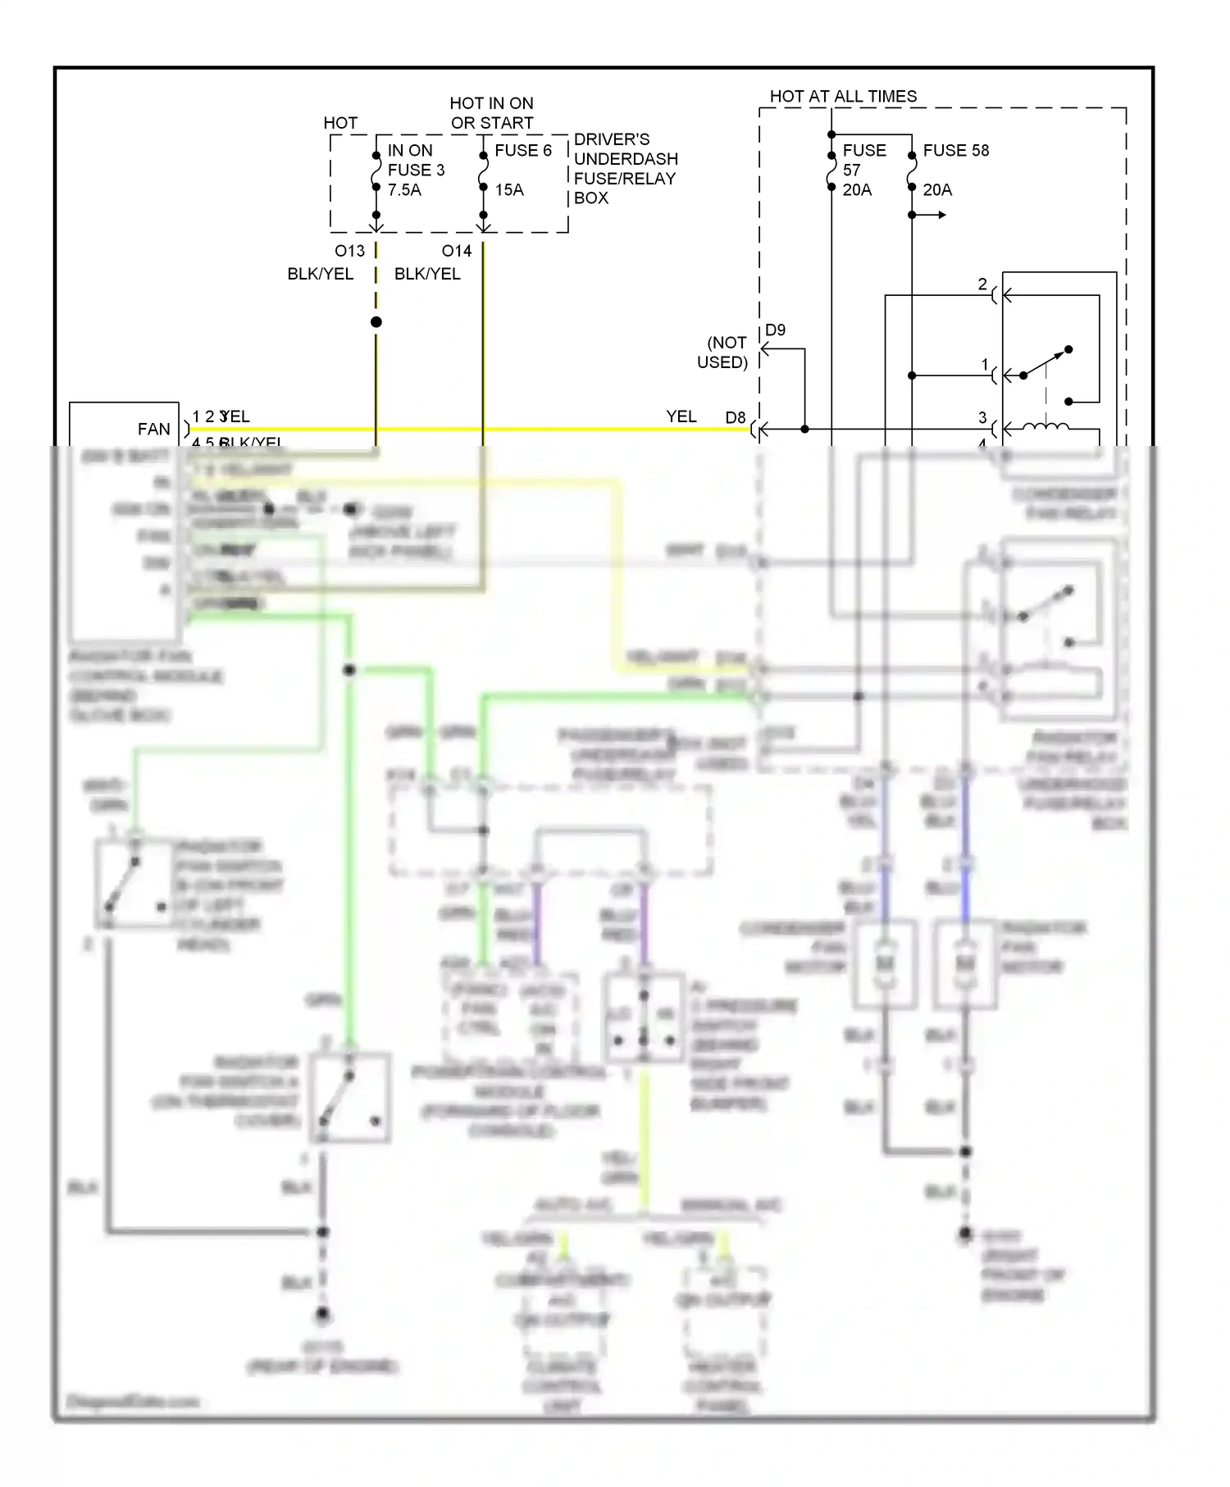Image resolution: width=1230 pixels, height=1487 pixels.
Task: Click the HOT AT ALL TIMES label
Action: pos(843,96)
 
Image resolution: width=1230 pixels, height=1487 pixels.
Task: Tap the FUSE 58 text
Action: pos(955,150)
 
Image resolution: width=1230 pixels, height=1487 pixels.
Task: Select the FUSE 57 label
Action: pos(863,160)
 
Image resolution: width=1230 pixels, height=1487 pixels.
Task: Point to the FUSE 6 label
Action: pos(523,150)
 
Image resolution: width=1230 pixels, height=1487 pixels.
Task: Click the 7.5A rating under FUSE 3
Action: pos(404,189)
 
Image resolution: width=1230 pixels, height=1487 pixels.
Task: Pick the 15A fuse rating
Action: pos(508,189)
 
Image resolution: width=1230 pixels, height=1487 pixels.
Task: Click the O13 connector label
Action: pos(349,251)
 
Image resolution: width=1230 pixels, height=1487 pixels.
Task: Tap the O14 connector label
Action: pos(456,251)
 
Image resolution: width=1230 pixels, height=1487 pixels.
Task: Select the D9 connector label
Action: pos(775,330)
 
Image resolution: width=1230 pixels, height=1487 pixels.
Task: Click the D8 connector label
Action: pos(736,417)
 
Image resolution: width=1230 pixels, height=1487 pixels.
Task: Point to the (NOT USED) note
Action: pos(723,352)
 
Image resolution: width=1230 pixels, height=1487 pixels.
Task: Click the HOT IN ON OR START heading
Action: pos(491,112)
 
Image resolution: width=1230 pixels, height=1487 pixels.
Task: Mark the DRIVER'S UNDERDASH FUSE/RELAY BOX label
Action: pos(625,168)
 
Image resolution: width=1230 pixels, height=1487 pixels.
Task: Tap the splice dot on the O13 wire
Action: pos(376,322)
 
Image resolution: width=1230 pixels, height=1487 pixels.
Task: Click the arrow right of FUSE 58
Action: pos(935,215)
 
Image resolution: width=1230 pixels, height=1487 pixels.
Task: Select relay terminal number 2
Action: pos(982,284)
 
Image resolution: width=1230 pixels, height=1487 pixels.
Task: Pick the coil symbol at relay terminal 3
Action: pos(1045,425)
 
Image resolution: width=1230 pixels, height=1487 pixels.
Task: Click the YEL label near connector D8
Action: pos(681,416)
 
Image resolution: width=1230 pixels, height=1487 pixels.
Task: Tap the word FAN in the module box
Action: pos(153,429)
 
